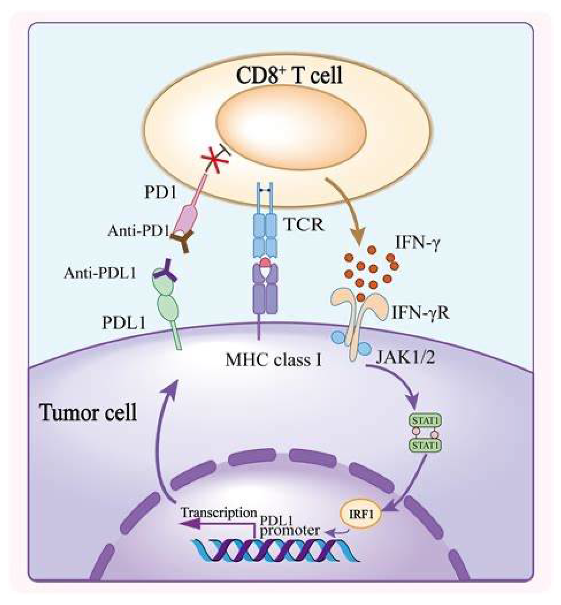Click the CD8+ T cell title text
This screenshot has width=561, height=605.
coord(289,75)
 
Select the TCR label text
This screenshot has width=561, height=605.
coord(303,224)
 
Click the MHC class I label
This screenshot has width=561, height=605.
coord(273,361)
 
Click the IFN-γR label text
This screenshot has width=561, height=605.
coord(420,312)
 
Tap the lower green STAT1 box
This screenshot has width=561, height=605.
coord(425,445)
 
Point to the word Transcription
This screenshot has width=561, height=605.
coord(219,513)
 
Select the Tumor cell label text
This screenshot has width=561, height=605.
coord(88,413)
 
